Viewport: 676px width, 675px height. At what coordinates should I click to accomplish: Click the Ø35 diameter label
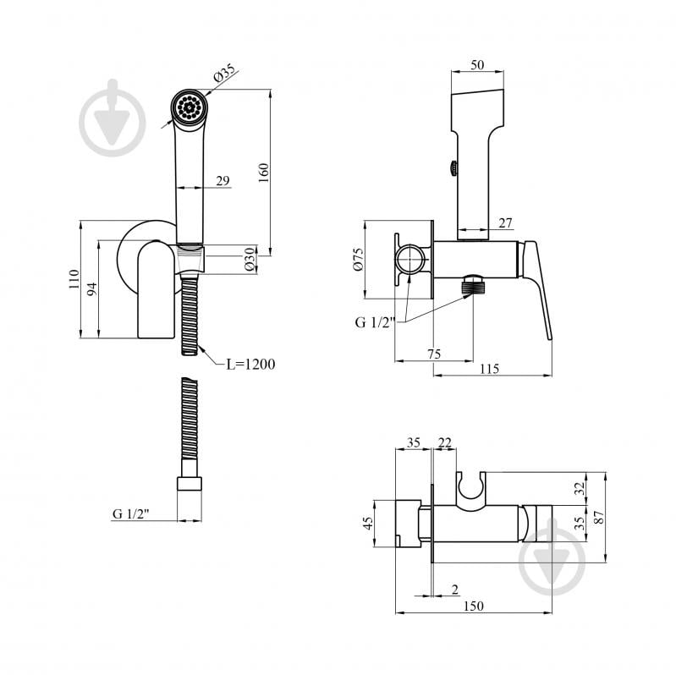pyautogui.click(x=224, y=73)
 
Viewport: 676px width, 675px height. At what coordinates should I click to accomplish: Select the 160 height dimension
pyautogui.click(x=263, y=173)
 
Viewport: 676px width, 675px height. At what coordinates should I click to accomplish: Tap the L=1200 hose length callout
pyautogui.click(x=250, y=365)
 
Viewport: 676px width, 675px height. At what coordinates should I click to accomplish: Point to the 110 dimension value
pyautogui.click(x=74, y=279)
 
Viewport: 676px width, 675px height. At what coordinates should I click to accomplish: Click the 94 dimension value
pyautogui.click(x=92, y=289)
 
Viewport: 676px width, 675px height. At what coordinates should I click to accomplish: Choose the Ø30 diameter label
pyautogui.click(x=250, y=259)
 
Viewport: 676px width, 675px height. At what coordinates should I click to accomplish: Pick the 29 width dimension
pyautogui.click(x=223, y=181)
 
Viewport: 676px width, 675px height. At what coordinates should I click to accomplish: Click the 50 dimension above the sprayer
pyautogui.click(x=477, y=65)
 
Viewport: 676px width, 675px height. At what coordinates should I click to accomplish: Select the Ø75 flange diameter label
pyautogui.click(x=358, y=259)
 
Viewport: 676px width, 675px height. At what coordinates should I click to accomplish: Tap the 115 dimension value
pyautogui.click(x=489, y=369)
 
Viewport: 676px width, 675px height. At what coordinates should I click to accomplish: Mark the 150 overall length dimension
pyautogui.click(x=474, y=606)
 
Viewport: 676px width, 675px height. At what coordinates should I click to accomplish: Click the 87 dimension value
pyautogui.click(x=599, y=517)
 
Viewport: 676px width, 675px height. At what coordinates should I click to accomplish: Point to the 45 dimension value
pyautogui.click(x=368, y=524)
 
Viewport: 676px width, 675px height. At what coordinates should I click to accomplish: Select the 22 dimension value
pyautogui.click(x=445, y=442)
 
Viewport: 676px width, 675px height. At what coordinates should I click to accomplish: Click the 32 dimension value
pyautogui.click(x=580, y=488)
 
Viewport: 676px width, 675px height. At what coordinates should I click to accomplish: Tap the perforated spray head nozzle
pyautogui.click(x=190, y=106)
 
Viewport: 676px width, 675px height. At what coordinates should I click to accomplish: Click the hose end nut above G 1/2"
pyautogui.click(x=190, y=483)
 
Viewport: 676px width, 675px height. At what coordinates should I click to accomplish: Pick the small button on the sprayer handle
pyautogui.click(x=453, y=167)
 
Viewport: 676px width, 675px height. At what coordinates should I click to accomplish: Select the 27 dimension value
pyautogui.click(x=505, y=222)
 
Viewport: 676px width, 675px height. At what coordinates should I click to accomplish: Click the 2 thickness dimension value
pyautogui.click(x=455, y=590)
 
